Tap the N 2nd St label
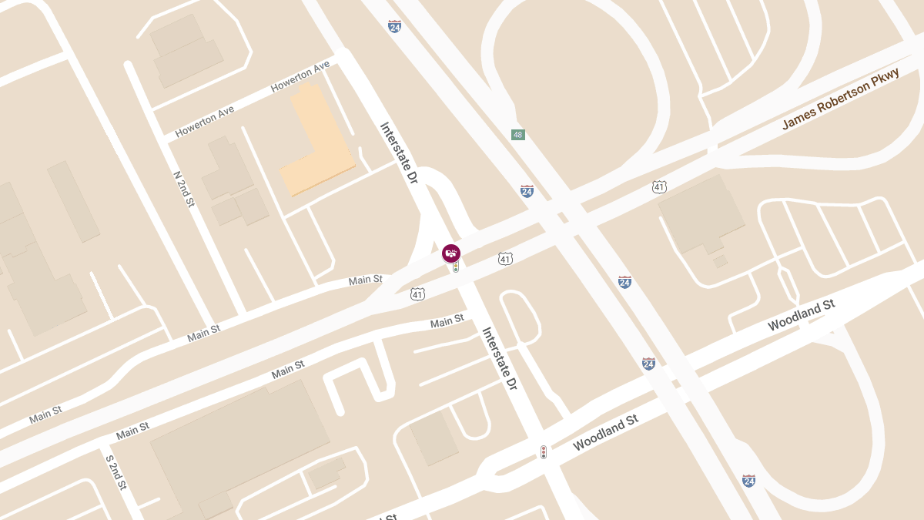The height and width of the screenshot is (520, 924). tap(184, 189)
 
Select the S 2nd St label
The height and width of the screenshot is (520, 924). tap(115, 472)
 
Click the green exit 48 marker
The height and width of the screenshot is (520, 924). tap(518, 135)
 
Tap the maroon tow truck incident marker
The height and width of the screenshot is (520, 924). tap(451, 253)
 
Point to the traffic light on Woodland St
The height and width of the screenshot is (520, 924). tap(544, 452)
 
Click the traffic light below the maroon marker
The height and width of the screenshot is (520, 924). tap(456, 267)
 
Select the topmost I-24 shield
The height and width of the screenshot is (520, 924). tap(395, 27)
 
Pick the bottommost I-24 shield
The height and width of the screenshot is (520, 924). tap(748, 480)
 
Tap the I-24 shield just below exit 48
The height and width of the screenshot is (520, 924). tap(527, 191)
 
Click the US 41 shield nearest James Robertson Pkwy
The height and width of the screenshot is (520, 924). tap(659, 186)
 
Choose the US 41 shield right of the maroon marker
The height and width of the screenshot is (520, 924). tap(505, 258)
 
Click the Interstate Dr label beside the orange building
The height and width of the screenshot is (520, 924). tap(399, 153)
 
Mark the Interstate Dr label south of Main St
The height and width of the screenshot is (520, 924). tap(500, 358)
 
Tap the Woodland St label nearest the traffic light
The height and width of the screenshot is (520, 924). tap(606, 433)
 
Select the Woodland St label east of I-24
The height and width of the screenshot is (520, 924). tap(801, 316)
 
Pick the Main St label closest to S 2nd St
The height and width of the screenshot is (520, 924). tap(132, 431)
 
